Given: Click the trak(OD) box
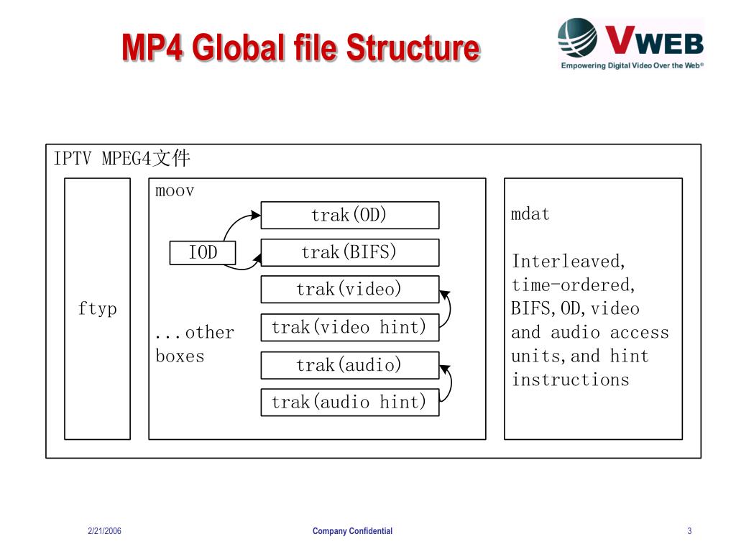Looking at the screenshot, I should (349, 215).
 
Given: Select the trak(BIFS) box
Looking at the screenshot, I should (349, 252).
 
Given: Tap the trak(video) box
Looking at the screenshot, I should (349, 290).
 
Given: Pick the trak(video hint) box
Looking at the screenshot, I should (349, 328).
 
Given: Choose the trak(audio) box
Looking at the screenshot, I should (349, 365).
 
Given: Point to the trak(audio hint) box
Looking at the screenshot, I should (349, 402).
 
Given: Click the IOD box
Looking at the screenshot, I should (203, 252).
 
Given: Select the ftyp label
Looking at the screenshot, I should (97, 309).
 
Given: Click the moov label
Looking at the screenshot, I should (175, 191).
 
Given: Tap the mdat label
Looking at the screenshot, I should (530, 214).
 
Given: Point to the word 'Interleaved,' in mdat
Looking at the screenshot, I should (569, 261).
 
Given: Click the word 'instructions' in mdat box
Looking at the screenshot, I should (570, 379).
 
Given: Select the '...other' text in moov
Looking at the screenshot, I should (195, 333).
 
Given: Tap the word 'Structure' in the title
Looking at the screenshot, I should (413, 48).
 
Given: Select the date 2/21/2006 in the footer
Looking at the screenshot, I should (104, 531).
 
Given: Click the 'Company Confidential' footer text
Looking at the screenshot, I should (352, 531).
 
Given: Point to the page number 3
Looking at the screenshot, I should (689, 531).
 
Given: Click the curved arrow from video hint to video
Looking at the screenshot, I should (449, 309).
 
